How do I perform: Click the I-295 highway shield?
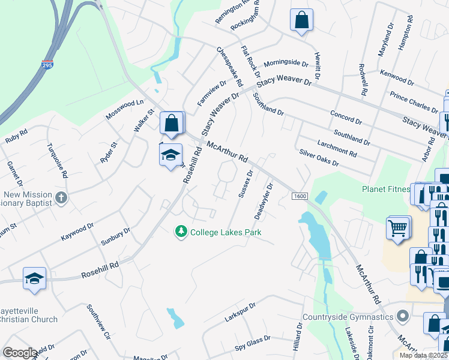47,64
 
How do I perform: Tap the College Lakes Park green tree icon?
181,232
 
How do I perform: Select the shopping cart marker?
399,228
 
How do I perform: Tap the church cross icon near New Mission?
61,197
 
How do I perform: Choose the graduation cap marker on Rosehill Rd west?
34,278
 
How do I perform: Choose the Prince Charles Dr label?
414,102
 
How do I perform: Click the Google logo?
20,353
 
